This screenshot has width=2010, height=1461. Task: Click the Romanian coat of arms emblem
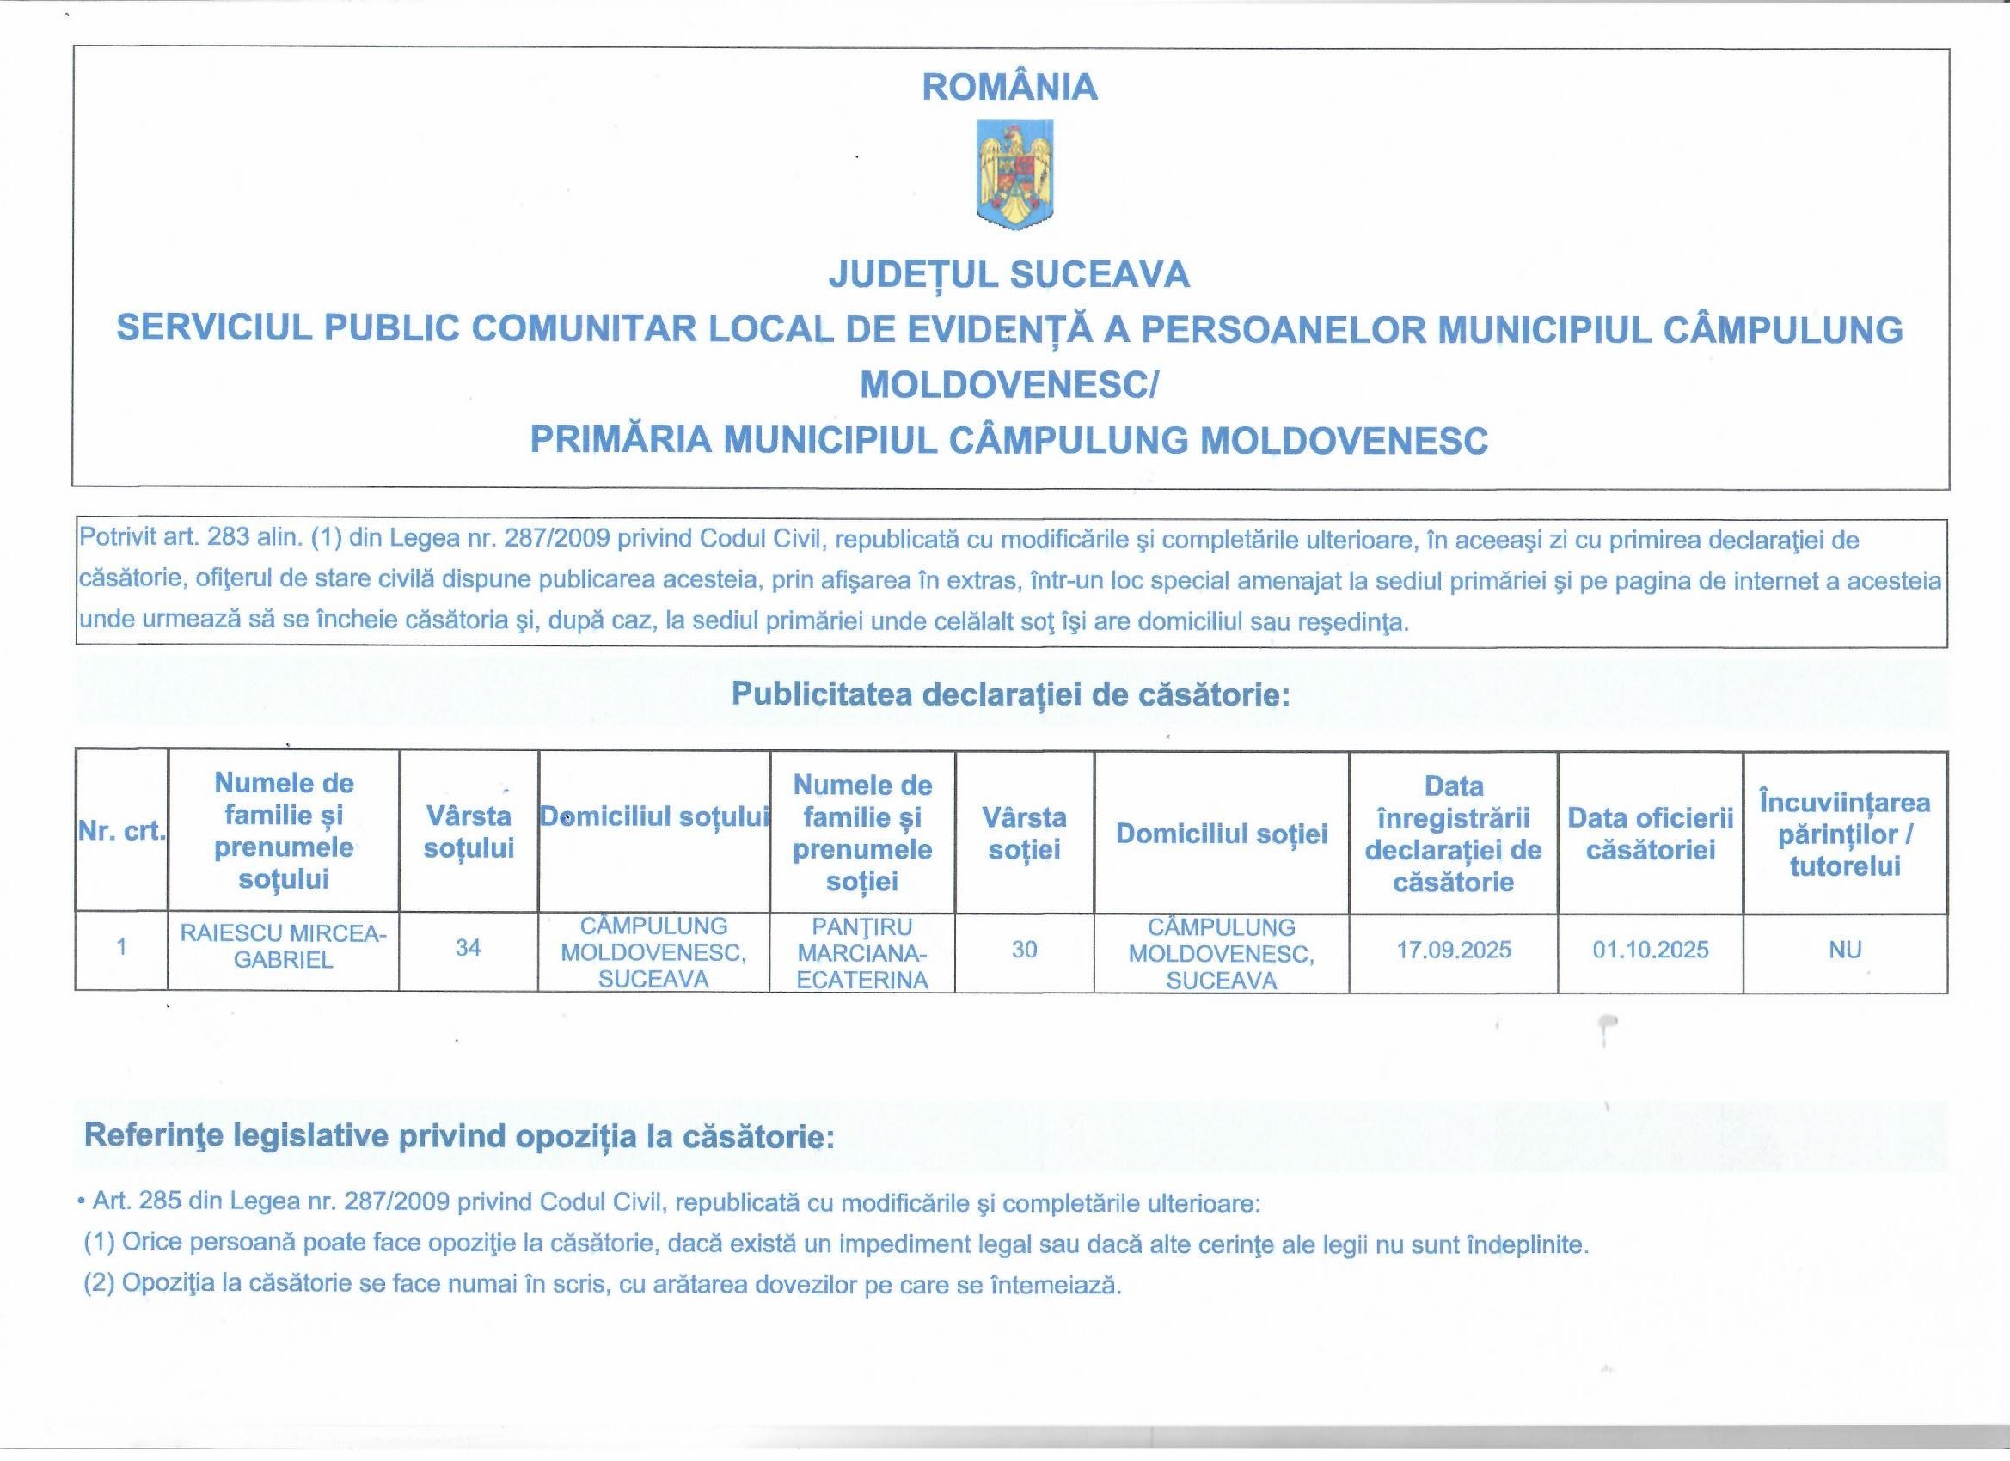pyautogui.click(x=1014, y=175)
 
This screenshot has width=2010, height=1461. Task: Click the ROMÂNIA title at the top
pyautogui.click(x=1009, y=87)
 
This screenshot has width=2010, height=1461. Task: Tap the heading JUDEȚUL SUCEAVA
pyautogui.click(x=1008, y=275)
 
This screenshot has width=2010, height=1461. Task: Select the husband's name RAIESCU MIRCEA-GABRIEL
pyautogui.click(x=283, y=946)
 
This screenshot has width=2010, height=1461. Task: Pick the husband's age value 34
pyautogui.click(x=468, y=947)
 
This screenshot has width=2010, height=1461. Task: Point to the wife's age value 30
pyautogui.click(x=1024, y=949)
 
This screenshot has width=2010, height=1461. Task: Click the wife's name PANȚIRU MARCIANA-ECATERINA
pyautogui.click(x=861, y=952)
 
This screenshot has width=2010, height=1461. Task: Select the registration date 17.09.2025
pyautogui.click(x=1454, y=950)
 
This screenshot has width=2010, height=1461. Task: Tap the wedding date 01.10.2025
pyautogui.click(x=1650, y=950)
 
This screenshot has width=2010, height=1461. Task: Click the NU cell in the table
pyautogui.click(x=1844, y=950)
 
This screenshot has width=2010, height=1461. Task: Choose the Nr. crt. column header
pyautogui.click(x=121, y=831)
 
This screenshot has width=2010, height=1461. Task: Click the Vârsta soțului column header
pyautogui.click(x=468, y=831)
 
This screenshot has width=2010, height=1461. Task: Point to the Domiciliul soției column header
pyautogui.click(x=1222, y=833)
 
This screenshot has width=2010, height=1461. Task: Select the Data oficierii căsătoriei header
pyautogui.click(x=1650, y=833)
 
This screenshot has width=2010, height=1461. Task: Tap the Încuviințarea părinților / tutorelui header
pyautogui.click(x=1844, y=833)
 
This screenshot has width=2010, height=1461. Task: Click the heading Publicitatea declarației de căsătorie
pyautogui.click(x=1009, y=694)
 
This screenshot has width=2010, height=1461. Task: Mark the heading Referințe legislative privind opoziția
pyautogui.click(x=459, y=1136)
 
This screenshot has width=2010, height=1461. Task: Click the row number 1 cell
pyautogui.click(x=121, y=946)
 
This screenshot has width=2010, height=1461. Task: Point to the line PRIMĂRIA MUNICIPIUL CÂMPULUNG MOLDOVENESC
pyautogui.click(x=1008, y=439)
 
